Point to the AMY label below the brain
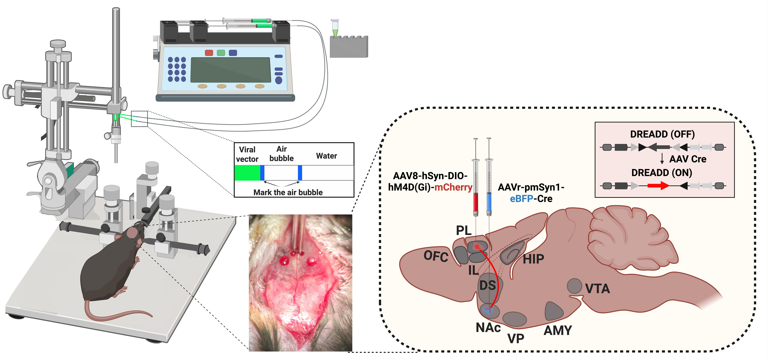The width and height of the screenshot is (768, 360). tap(558, 330)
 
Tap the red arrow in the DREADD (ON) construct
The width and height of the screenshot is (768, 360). tap(658, 186)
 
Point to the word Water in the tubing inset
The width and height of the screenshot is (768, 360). tap(326, 156)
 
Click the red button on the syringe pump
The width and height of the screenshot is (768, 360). tap(209, 53)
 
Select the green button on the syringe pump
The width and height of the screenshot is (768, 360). tap(221, 53)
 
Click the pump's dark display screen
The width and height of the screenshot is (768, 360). tap(230, 70)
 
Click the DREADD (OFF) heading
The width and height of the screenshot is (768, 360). tap(662, 134)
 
